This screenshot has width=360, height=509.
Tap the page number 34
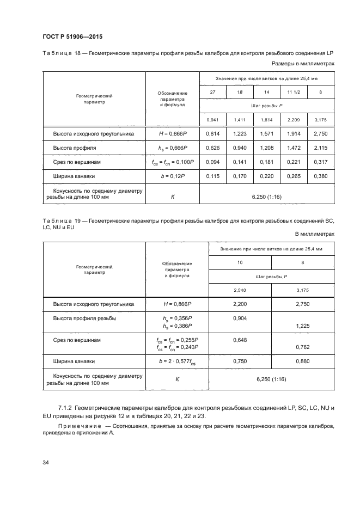46,463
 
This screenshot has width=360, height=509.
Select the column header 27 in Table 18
213,93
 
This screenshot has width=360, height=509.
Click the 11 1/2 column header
294,93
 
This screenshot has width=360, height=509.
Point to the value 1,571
266,133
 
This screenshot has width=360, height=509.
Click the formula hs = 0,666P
173,148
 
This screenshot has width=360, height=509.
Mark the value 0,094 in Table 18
213,162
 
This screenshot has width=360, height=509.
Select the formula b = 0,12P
173,176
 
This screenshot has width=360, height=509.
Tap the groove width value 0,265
294,176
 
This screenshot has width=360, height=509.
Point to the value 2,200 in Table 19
240,304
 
